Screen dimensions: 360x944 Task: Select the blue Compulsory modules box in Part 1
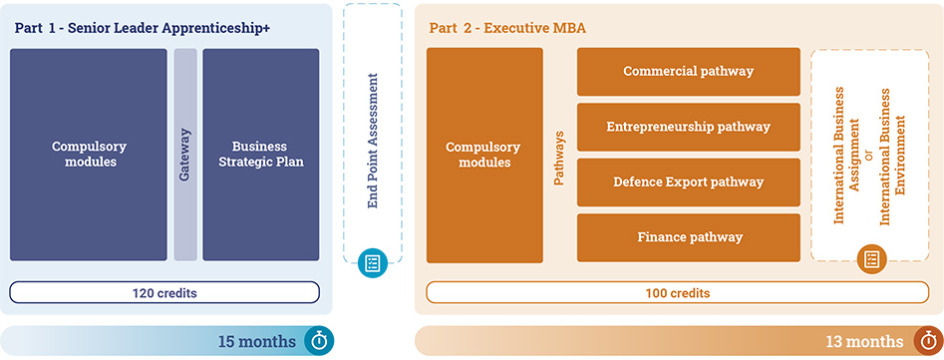(x=89, y=154)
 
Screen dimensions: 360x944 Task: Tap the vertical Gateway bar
(x=185, y=154)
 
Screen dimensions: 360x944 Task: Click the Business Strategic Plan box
(x=261, y=154)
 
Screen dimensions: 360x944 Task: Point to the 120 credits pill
(x=164, y=292)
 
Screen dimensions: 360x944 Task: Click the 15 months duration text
(x=257, y=341)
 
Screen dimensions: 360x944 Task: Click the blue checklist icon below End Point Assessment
(x=373, y=263)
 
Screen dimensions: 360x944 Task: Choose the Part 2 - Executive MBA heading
(x=507, y=28)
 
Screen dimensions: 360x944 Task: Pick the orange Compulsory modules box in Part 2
(x=484, y=155)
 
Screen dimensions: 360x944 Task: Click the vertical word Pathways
(x=559, y=155)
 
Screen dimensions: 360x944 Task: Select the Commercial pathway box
(x=688, y=72)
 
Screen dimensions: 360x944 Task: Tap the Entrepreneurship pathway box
(x=688, y=127)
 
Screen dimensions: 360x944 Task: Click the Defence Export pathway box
(x=688, y=181)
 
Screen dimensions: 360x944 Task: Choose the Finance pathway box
(x=688, y=236)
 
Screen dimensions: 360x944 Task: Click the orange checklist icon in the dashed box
(x=871, y=259)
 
